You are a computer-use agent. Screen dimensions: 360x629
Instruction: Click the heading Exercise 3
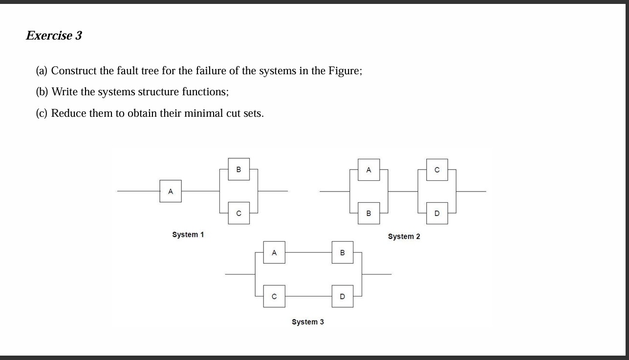pyautogui.click(x=54, y=36)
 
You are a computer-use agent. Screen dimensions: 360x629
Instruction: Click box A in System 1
pyautogui.click(x=170, y=191)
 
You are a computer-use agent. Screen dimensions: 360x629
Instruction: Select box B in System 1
pyautogui.click(x=239, y=169)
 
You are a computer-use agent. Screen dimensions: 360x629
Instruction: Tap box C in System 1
pyautogui.click(x=239, y=213)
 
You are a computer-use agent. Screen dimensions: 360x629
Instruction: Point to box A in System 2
pyautogui.click(x=369, y=169)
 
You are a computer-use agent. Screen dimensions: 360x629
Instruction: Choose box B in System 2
pyautogui.click(x=369, y=213)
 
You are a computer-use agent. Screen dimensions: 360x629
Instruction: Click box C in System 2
pyautogui.click(x=437, y=169)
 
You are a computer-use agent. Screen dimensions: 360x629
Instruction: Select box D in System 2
pyautogui.click(x=437, y=213)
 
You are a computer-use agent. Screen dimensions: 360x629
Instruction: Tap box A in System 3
pyautogui.click(x=274, y=253)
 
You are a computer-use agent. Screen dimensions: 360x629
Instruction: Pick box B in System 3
pyautogui.click(x=342, y=253)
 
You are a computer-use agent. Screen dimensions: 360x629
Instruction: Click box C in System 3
pyautogui.click(x=274, y=296)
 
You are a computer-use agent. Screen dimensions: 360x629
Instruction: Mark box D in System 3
pyautogui.click(x=342, y=296)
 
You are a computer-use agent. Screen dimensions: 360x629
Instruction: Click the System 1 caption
pyautogui.click(x=188, y=234)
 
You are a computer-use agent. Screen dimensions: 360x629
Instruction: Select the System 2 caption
pyautogui.click(x=404, y=236)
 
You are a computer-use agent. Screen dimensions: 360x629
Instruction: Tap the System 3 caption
pyautogui.click(x=307, y=322)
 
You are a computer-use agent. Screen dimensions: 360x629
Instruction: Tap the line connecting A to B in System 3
pyautogui.click(x=308, y=253)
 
